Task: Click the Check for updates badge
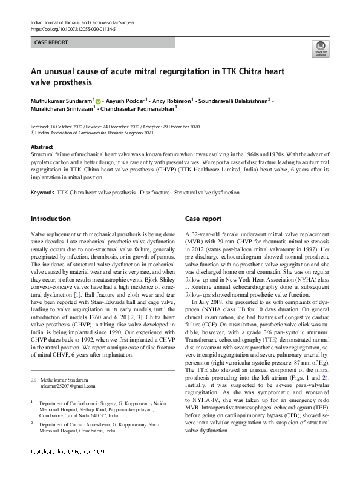(320, 49)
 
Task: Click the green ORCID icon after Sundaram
(97, 100)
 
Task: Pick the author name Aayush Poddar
(125, 99)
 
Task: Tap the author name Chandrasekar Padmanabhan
(126, 110)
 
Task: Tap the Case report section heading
(203, 219)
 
